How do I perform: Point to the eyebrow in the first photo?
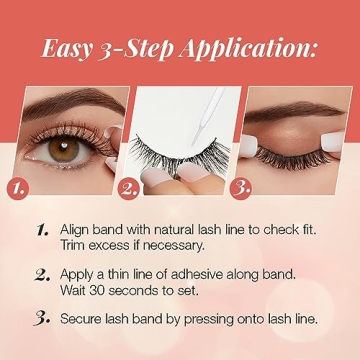coord(70,102)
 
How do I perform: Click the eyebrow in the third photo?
coord(300,97)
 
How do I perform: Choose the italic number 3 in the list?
coord(42,317)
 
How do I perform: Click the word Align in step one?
coord(79,229)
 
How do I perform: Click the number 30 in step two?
coord(104,290)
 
